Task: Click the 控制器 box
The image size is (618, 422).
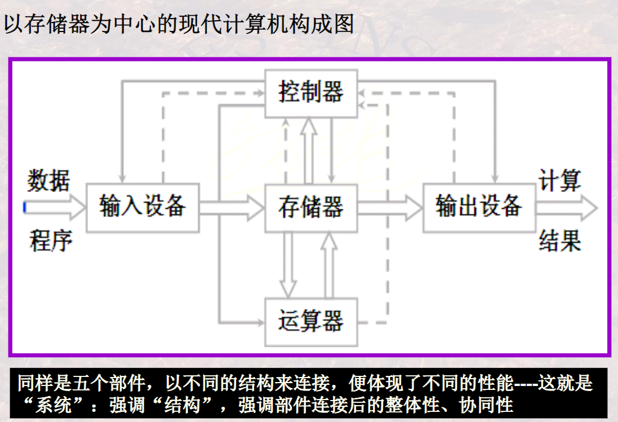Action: click(x=311, y=93)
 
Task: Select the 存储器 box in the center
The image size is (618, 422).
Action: click(x=311, y=208)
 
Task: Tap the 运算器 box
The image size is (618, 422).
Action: click(x=311, y=322)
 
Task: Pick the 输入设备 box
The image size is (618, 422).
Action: click(x=143, y=207)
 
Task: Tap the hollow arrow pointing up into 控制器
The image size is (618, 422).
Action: click(x=309, y=149)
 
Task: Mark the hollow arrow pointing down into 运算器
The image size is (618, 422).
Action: click(x=288, y=264)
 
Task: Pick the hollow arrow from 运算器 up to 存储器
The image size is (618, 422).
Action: click(x=329, y=264)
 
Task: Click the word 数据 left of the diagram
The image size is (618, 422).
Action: click(x=49, y=181)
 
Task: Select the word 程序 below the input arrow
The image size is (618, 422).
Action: click(x=51, y=241)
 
